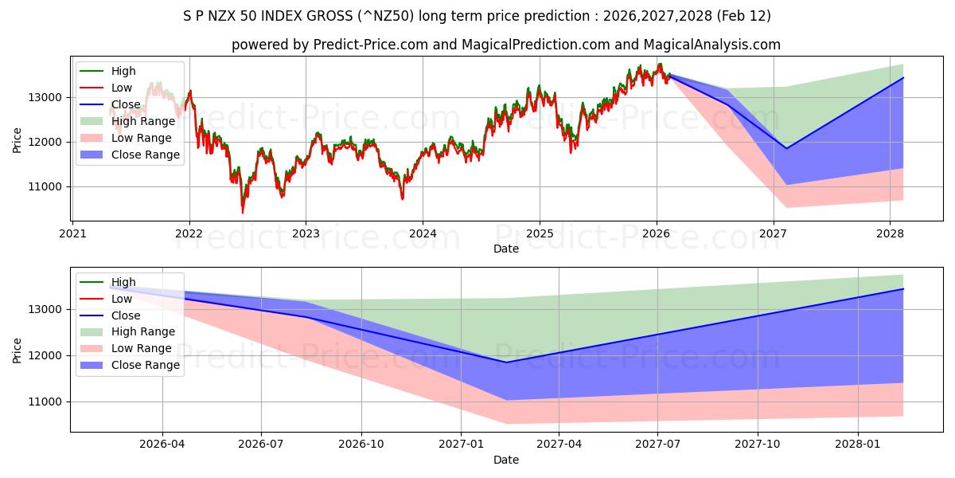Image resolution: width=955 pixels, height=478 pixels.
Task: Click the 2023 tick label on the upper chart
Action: [x=306, y=234]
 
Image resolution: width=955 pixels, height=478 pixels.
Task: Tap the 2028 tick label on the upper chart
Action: [x=890, y=234]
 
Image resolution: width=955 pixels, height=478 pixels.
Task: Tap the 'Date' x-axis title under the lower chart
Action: [x=506, y=460]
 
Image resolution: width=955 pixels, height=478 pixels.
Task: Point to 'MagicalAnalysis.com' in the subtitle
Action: [x=714, y=45]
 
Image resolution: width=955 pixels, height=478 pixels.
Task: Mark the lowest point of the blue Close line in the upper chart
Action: [x=787, y=148]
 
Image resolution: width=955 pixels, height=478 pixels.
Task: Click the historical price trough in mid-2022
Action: [x=243, y=212]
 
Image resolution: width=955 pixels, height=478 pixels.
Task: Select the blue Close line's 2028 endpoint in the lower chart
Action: [x=903, y=289]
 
